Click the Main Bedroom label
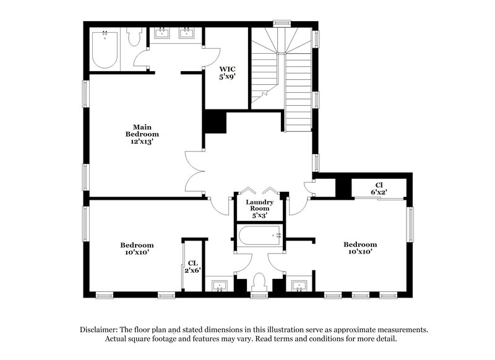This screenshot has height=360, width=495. (142, 134)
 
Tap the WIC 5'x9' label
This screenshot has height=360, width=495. (227, 73)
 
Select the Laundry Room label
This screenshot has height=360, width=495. (259, 207)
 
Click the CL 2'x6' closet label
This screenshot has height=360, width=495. (192, 266)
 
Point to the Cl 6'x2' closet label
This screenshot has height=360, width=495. (379, 189)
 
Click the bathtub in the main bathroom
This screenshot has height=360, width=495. (106, 49)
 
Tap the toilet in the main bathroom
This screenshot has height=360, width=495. (134, 38)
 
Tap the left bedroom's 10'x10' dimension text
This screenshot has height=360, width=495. (137, 252)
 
